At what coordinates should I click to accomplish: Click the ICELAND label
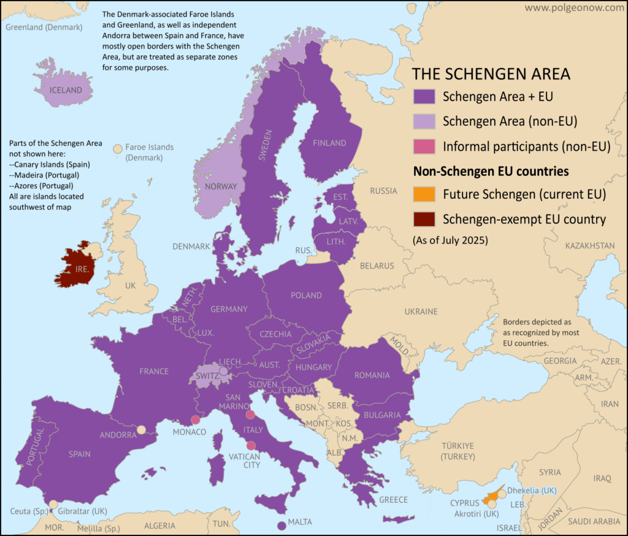click(x=66, y=90)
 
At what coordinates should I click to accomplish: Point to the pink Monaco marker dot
click(x=195, y=420)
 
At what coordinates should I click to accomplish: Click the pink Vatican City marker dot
click(x=251, y=446)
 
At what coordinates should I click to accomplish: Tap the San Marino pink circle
click(x=250, y=415)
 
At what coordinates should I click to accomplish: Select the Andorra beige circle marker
click(x=141, y=430)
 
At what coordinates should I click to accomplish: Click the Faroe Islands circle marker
click(x=117, y=148)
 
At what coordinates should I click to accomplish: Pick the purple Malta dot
click(x=281, y=526)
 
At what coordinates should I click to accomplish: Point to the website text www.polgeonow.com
click(x=573, y=8)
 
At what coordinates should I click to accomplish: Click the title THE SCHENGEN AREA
click(x=491, y=74)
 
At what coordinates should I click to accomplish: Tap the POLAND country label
click(x=306, y=295)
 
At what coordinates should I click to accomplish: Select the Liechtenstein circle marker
click(x=224, y=371)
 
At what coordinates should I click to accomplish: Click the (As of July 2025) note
click(x=451, y=240)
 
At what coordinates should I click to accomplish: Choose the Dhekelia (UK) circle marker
click(x=502, y=493)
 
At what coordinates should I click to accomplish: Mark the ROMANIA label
click(x=372, y=375)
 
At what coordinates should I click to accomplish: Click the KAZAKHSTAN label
click(x=589, y=245)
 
